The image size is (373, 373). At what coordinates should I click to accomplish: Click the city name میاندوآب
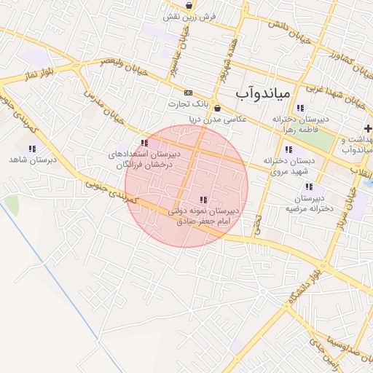pos(264,94)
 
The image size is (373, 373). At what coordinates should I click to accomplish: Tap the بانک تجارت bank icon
pos(189,93)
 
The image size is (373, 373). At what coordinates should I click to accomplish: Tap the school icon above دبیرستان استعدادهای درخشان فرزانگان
pos(144,143)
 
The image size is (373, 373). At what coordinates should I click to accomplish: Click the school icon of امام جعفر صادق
pos(203,200)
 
